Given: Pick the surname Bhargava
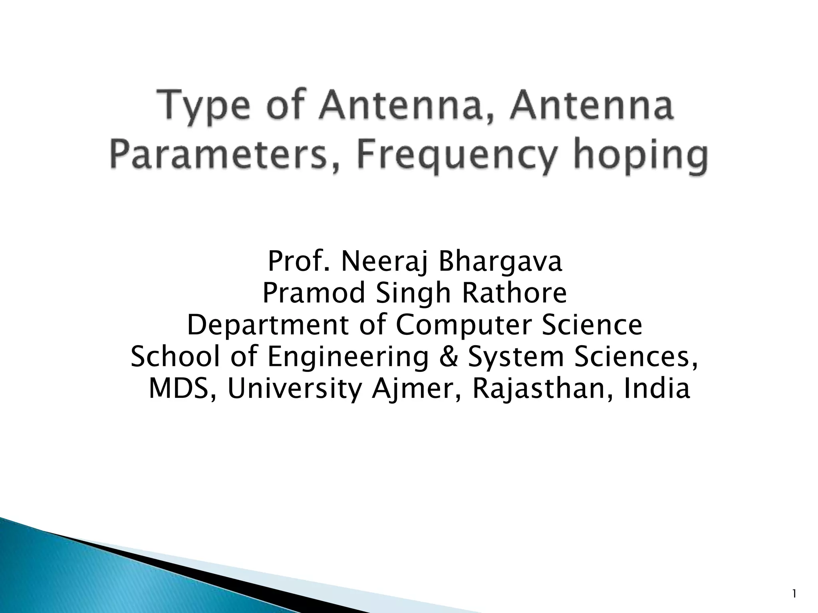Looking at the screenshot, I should (500, 262).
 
